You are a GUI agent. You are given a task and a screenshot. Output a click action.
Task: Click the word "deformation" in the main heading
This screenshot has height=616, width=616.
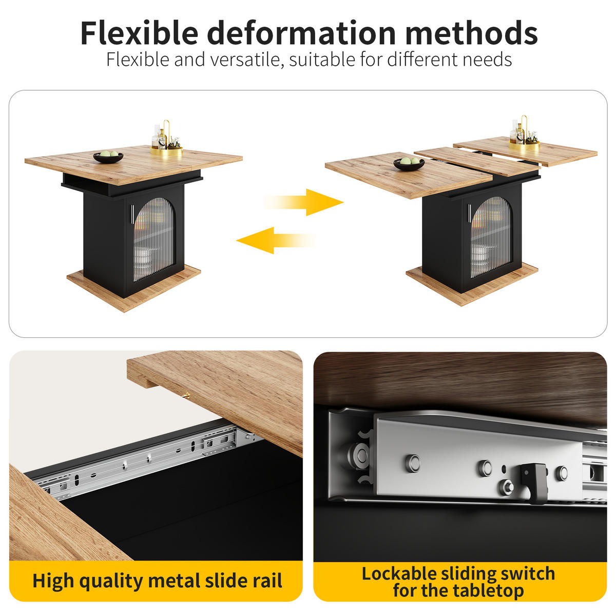301,33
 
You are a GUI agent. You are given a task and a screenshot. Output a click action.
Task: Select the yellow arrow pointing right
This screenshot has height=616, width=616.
304,202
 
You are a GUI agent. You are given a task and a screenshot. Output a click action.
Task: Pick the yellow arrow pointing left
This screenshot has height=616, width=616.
276,240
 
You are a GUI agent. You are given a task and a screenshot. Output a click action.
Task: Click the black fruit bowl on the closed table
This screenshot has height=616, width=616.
108,157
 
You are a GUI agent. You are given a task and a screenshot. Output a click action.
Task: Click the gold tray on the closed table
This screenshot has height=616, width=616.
166,151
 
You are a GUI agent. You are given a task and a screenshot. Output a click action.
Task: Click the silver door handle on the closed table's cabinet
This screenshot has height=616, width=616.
132,214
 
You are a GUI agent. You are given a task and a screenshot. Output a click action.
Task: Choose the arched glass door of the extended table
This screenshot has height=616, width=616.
491,237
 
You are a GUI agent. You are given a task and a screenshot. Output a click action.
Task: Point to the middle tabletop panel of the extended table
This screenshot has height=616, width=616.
476,161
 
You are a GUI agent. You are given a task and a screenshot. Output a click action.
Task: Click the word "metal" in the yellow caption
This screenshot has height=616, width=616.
175,580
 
